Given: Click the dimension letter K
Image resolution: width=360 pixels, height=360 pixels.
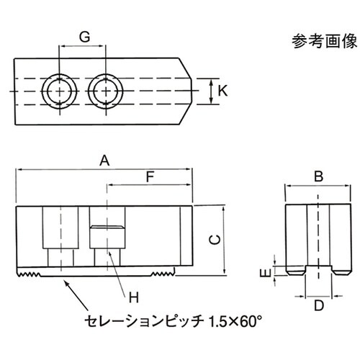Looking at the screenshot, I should [222, 91].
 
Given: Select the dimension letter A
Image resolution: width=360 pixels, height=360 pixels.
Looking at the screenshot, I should [104, 161].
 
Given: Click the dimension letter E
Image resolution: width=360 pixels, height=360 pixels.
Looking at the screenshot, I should [264, 273].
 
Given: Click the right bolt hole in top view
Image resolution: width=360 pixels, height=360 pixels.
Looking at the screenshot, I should [106, 91].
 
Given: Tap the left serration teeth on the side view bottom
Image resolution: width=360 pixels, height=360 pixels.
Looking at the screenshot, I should [30, 274].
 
